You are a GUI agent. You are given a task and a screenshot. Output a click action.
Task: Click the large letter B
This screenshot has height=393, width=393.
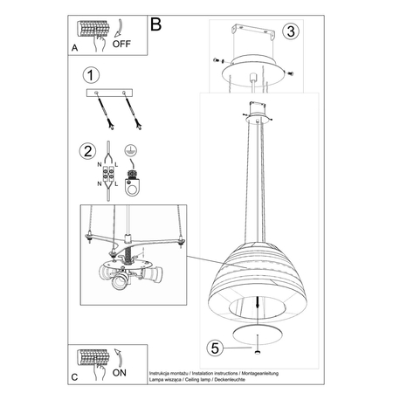pos(156,24)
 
